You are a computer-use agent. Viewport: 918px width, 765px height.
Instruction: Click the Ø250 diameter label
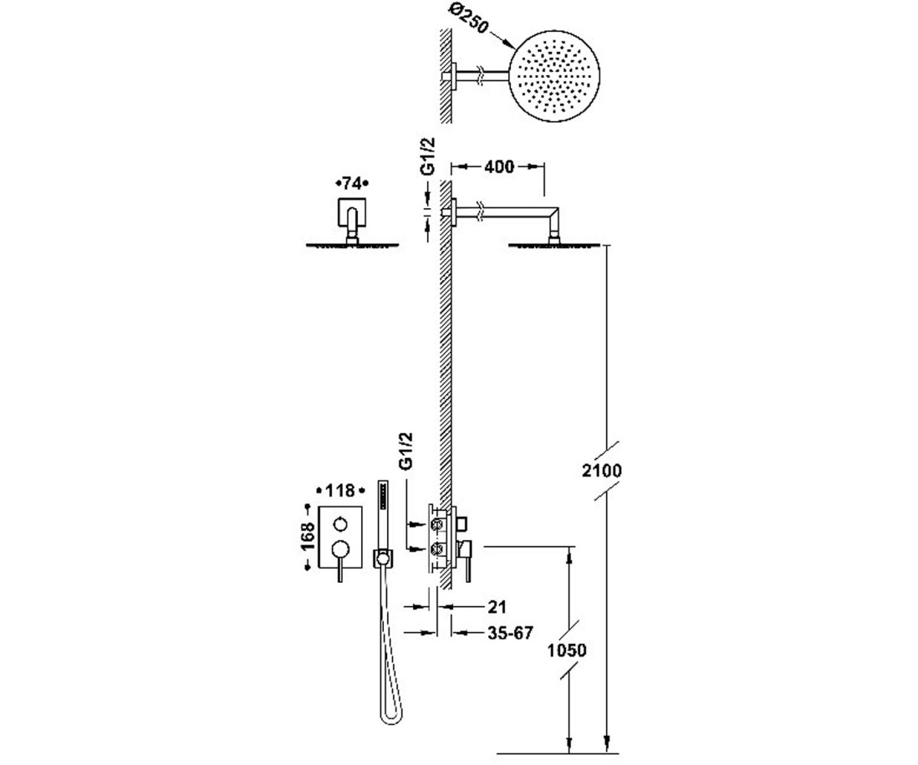[469, 18]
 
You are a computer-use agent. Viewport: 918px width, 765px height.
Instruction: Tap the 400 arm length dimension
[499, 167]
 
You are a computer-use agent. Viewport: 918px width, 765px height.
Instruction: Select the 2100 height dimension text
[602, 471]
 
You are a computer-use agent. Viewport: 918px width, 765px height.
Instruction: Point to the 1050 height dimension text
[567, 650]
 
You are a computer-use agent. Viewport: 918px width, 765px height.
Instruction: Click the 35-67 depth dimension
[510, 633]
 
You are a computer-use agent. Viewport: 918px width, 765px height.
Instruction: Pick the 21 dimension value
[497, 607]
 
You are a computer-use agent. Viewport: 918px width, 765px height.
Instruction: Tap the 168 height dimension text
[308, 536]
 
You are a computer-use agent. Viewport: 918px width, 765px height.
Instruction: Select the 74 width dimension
[352, 184]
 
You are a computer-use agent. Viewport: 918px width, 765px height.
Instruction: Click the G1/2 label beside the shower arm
[428, 156]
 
